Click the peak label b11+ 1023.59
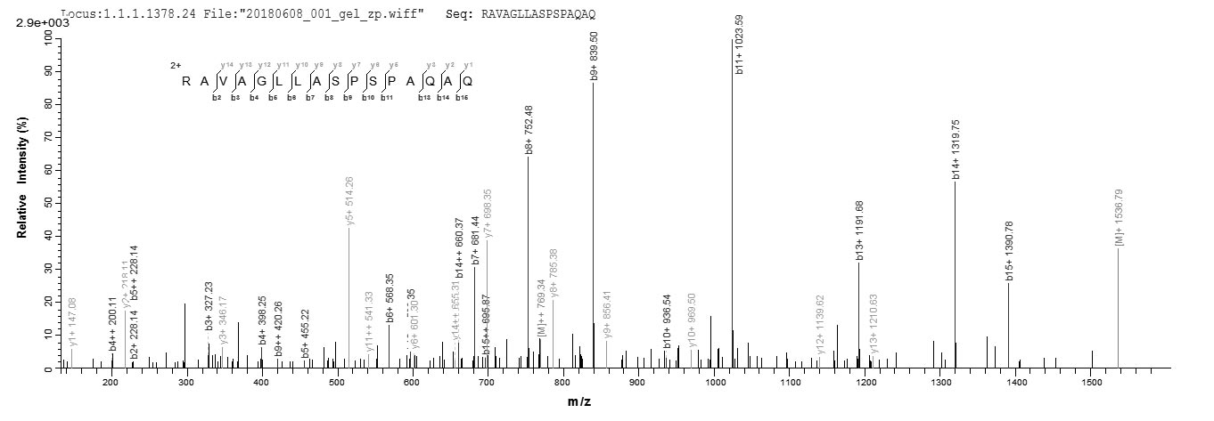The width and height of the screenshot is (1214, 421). click(739, 45)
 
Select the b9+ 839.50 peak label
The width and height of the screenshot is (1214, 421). click(595, 56)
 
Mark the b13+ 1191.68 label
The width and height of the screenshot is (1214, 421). click(860, 231)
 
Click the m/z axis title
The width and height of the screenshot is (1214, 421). click(579, 402)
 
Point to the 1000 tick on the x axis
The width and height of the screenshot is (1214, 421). click(715, 383)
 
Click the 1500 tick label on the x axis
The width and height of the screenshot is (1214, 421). click(1093, 383)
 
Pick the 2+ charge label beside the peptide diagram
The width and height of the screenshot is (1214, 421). click(176, 66)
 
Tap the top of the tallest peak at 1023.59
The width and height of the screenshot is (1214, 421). click(733, 39)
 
